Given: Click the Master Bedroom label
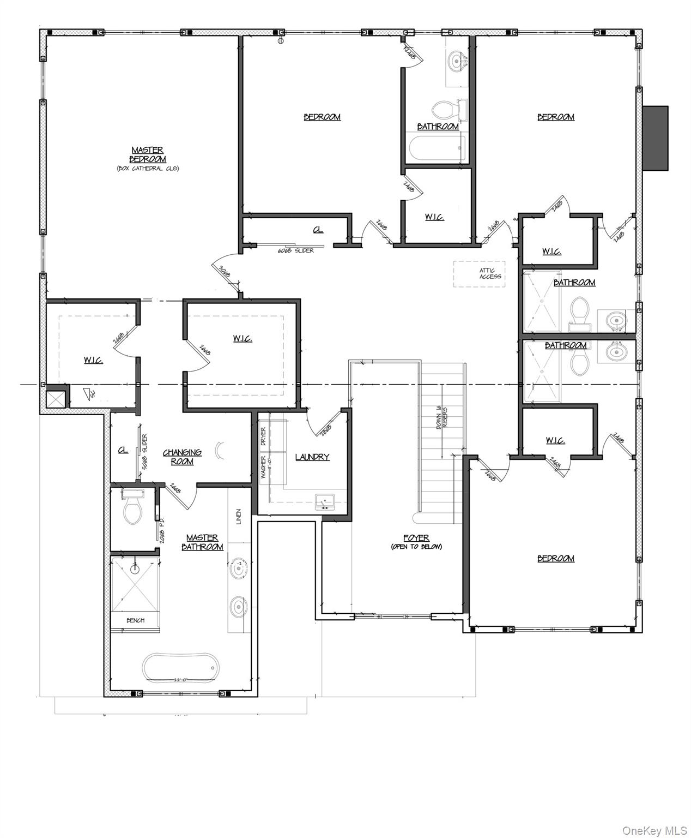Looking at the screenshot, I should pos(148,154).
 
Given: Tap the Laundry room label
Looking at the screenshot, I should pos(312,457).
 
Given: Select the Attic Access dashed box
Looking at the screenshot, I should pos(480,273).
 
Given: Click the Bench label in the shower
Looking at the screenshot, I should pos(135,620).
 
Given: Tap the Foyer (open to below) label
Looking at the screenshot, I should pos(416,542).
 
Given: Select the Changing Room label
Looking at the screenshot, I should pos(182,457).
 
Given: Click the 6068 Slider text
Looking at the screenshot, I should pos(296,250).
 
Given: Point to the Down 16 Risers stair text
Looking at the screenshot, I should pos(442,424).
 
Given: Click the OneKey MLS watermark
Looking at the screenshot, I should pos(654,830).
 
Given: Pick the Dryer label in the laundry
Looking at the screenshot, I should pos(263,437).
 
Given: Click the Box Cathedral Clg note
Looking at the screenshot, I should pos(148,169).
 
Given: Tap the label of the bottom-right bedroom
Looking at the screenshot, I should pos(556,558).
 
